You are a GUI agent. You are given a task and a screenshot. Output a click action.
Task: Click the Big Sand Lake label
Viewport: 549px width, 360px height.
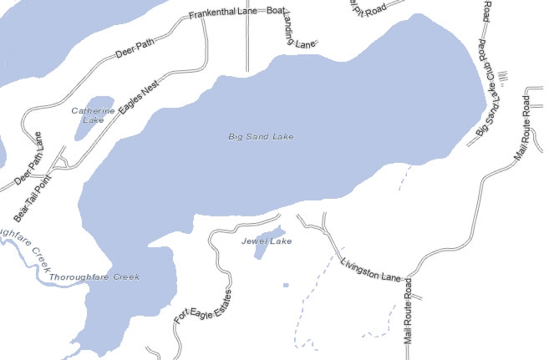pyautogui.click(x=261, y=136)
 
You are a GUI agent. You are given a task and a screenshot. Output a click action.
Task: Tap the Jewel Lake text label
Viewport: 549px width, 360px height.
pyautogui.click(x=267, y=241)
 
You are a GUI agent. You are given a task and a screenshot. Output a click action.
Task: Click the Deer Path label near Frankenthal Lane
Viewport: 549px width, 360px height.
pyautogui.click(x=135, y=49)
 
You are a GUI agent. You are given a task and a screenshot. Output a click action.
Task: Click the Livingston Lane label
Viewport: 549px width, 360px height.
pyautogui.click(x=372, y=268)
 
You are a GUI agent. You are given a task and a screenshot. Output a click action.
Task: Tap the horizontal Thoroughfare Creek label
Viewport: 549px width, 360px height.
pyautogui.click(x=94, y=276)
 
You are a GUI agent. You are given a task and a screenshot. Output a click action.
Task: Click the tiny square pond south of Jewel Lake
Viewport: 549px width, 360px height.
pyautogui.click(x=286, y=286)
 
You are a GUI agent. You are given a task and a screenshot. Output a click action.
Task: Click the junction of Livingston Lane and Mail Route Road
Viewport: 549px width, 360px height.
pyautogui.click(x=411, y=278)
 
